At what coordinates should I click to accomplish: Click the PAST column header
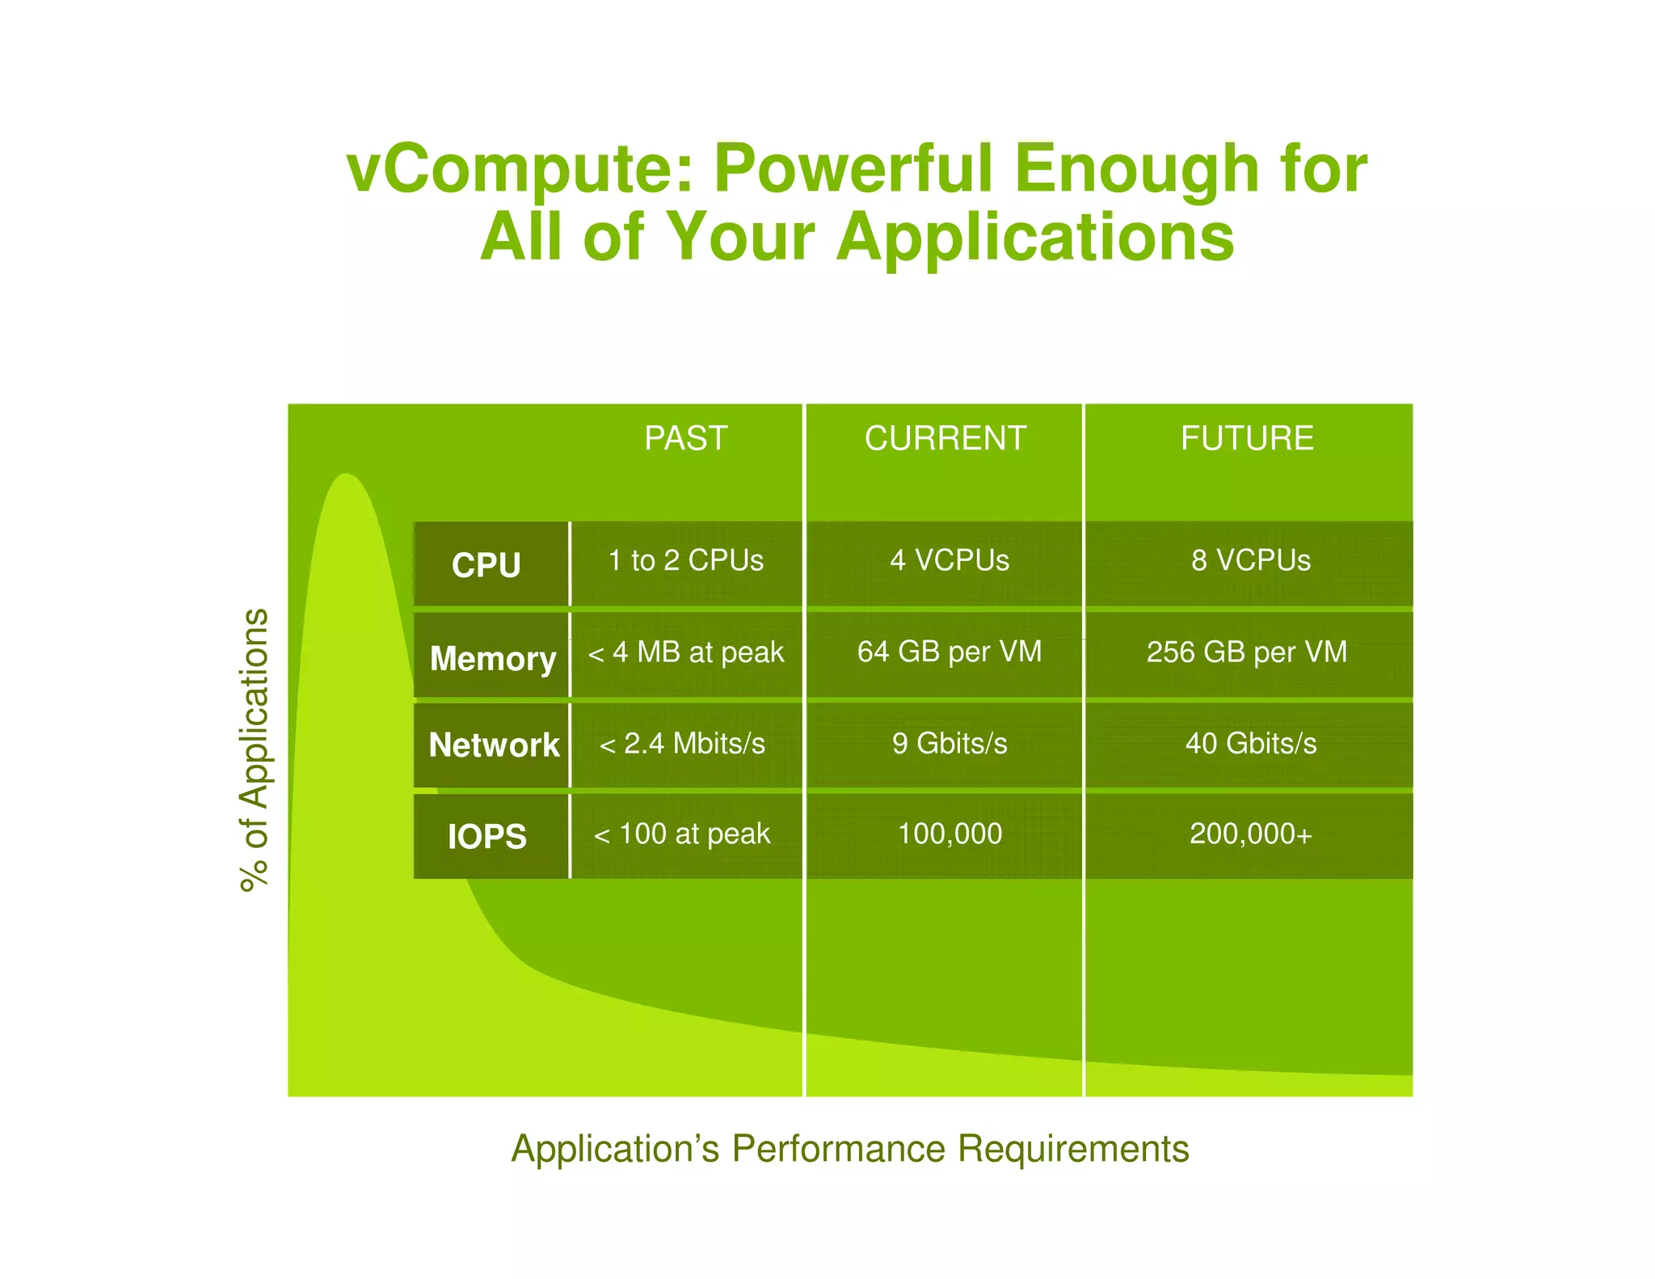click(685, 438)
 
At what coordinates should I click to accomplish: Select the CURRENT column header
click(945, 438)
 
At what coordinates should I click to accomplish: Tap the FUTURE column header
click(1247, 438)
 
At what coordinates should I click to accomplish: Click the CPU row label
click(486, 564)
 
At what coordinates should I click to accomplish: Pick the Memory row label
click(493, 657)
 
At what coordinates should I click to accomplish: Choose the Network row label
click(494, 745)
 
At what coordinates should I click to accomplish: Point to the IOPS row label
click(487, 836)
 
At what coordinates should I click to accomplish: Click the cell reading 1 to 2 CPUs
click(685, 560)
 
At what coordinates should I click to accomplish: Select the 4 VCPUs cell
click(950, 560)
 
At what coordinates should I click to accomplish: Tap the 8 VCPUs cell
click(1250, 560)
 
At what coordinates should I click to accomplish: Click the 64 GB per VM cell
click(950, 652)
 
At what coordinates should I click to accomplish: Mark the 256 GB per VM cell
click(1247, 652)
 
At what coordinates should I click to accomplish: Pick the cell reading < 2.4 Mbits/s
click(682, 743)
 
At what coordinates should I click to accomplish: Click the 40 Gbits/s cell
click(1250, 743)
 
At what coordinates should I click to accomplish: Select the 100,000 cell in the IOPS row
click(950, 834)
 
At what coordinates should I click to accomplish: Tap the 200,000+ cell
click(1250, 834)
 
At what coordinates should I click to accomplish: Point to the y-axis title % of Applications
click(254, 749)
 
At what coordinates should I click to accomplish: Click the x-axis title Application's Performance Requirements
click(850, 1149)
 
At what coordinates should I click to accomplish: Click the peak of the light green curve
click(346, 475)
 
